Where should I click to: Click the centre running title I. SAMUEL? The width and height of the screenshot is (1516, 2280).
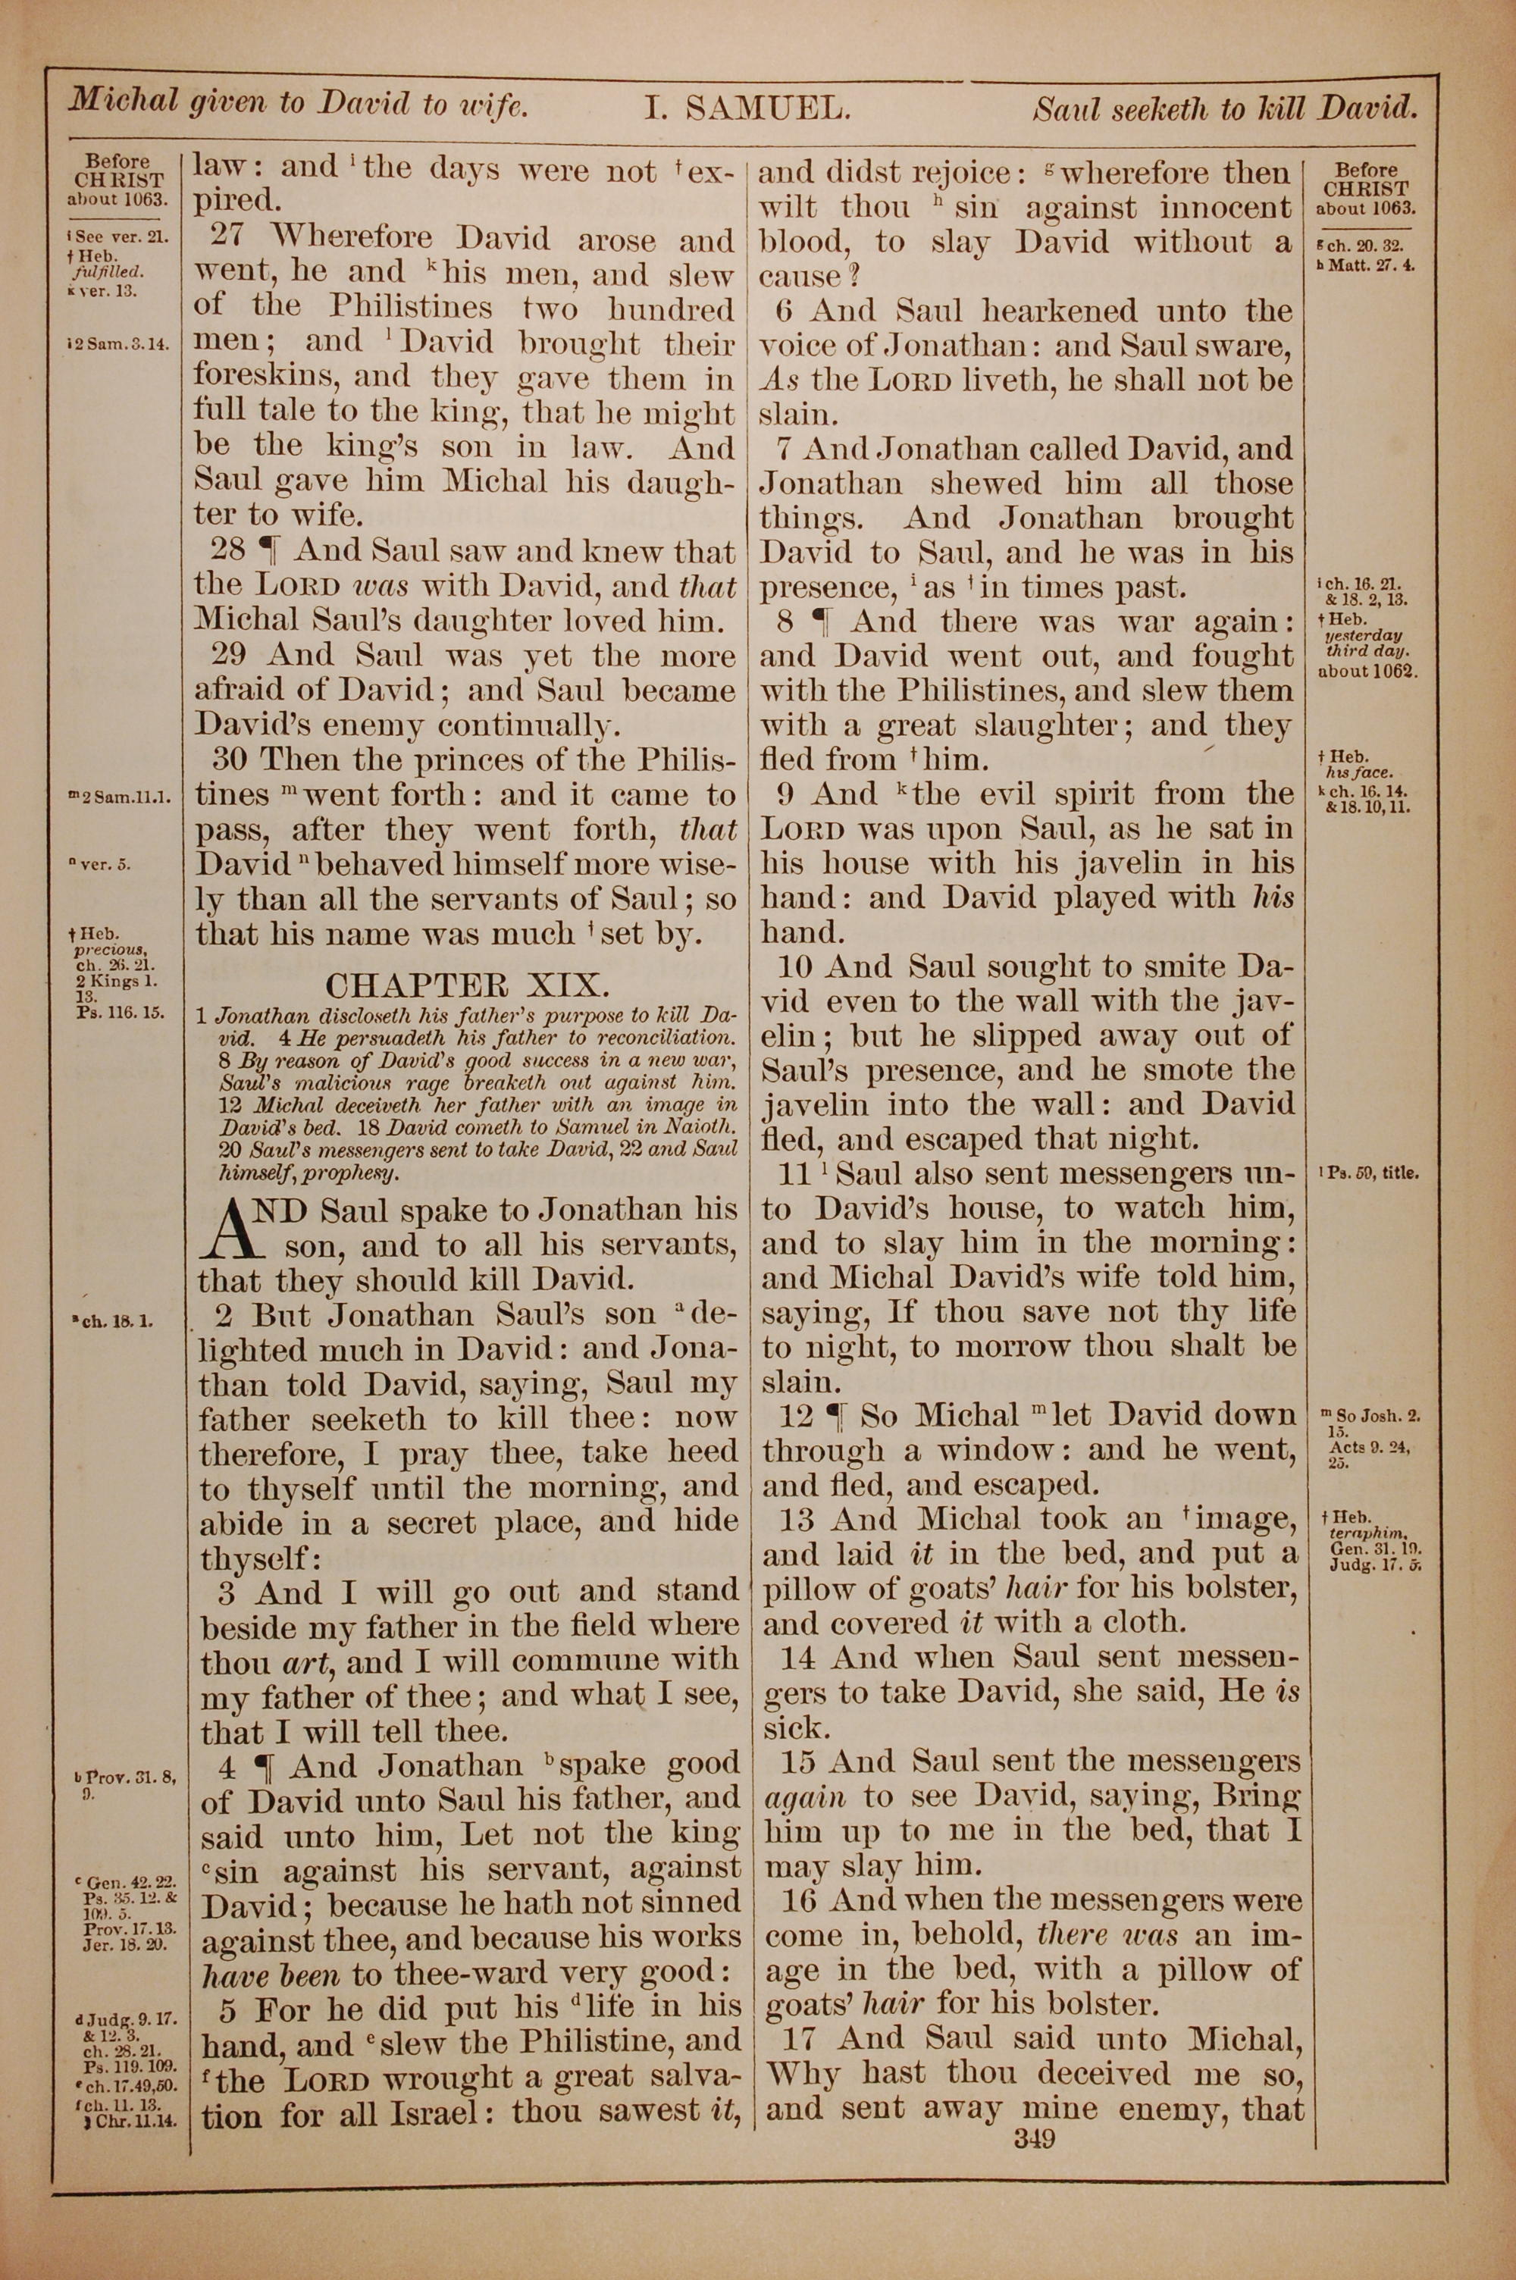[747, 109]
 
